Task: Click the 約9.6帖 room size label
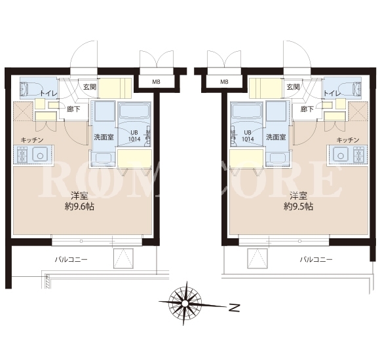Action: tap(79, 207)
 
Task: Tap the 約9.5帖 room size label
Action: tap(298, 207)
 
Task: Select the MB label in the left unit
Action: tap(156, 82)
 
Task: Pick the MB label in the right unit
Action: tap(224, 82)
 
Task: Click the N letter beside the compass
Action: tap(234, 308)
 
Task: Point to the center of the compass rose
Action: tap(185, 303)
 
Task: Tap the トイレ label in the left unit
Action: tap(48, 93)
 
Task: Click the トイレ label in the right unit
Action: tap(332, 93)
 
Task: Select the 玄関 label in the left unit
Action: tap(90, 87)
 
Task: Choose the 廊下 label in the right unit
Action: tap(307, 109)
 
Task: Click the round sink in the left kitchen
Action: tap(40, 154)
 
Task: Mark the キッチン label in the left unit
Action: tap(32, 140)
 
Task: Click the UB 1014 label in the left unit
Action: tap(134, 135)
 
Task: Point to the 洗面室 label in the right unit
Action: tap(276, 137)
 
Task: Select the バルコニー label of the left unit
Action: tap(71, 260)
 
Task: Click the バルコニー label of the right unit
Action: tap(316, 260)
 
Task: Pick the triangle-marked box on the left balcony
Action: tap(123, 258)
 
